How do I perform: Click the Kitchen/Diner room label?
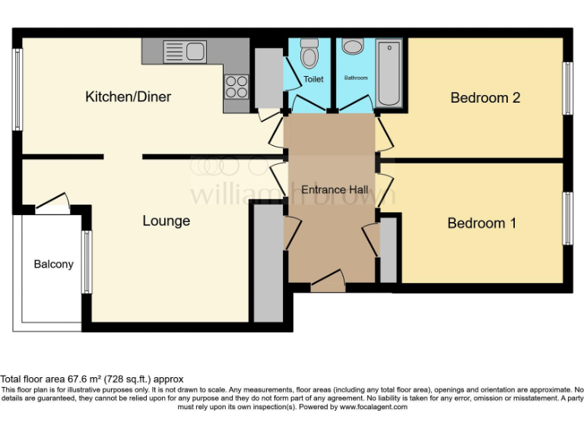[x=128, y=97]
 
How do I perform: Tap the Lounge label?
[x=166, y=221]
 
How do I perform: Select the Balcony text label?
[x=53, y=264]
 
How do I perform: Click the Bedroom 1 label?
[x=481, y=223]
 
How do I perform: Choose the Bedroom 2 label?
[x=484, y=97]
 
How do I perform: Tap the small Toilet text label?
[x=313, y=79]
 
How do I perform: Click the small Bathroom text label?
[x=356, y=78]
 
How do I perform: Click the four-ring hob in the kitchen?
[x=236, y=86]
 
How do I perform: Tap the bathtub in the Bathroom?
[x=389, y=73]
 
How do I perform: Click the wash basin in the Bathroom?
[x=353, y=47]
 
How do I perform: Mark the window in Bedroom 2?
[x=567, y=87]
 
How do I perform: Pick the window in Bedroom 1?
[x=567, y=218]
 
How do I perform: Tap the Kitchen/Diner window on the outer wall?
[x=16, y=95]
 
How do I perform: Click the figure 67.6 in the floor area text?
[x=80, y=379]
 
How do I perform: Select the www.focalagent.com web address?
[x=373, y=407]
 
